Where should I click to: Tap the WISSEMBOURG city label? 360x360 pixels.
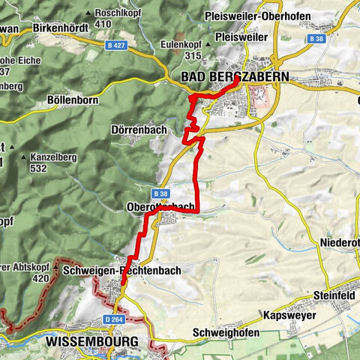tap(92, 341)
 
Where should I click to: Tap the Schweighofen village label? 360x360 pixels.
tap(226, 332)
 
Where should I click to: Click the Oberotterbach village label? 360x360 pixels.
tap(163, 206)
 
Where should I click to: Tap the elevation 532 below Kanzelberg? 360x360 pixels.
tap(39, 169)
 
